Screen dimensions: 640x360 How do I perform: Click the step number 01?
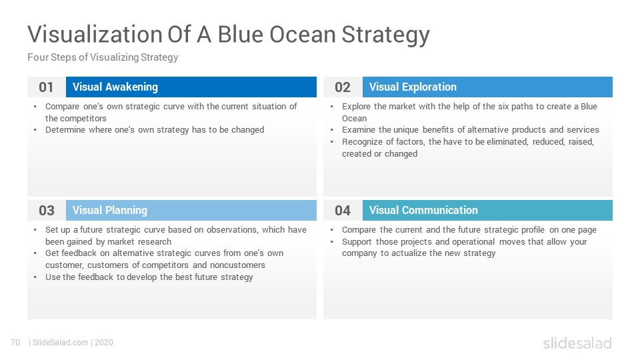coord(46,87)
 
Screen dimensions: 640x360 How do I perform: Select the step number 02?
coord(343,87)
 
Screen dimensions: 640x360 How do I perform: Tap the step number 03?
coord(47,210)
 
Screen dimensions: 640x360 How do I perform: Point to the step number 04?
coord(343,210)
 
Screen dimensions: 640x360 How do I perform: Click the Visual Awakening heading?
coord(115,87)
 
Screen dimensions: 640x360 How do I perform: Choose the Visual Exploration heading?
coord(413,87)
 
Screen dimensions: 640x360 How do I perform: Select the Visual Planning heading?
coord(110,210)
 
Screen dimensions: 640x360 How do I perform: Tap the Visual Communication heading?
coord(423,210)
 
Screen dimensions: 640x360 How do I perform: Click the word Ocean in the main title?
coord(303,34)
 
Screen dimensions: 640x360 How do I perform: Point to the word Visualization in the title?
coord(95,34)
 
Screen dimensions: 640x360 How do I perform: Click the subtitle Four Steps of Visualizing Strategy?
coord(103,57)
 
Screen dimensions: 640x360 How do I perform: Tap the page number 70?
coord(15,343)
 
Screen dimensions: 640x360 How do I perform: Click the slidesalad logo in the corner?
coord(577,343)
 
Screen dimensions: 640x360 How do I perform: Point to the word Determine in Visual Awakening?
coord(63,130)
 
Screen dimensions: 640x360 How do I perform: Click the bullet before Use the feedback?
coord(35,277)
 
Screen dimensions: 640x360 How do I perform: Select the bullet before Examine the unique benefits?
coord(332,130)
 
